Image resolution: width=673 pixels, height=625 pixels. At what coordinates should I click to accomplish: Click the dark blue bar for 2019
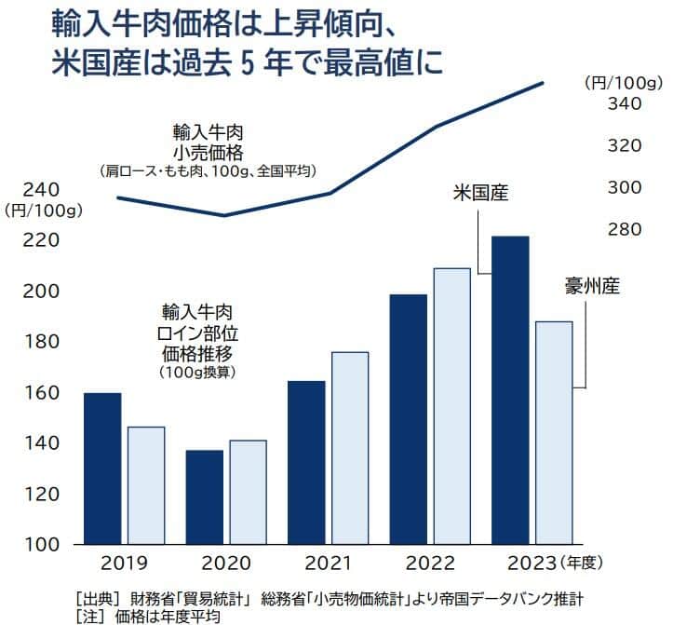(x=102, y=468)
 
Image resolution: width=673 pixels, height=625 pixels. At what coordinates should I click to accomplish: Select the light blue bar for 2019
(x=146, y=484)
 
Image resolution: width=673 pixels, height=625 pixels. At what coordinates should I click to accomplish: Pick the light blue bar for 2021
(x=350, y=447)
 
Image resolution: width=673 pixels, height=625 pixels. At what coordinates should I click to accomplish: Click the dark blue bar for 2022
(x=409, y=418)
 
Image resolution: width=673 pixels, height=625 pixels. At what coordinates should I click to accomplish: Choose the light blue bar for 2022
(x=452, y=405)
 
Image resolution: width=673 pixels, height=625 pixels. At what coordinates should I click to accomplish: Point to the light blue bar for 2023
(x=554, y=432)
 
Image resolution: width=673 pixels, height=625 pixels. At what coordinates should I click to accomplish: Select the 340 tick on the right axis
(x=623, y=103)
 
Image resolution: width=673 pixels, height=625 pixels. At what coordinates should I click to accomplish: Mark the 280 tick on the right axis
(x=623, y=229)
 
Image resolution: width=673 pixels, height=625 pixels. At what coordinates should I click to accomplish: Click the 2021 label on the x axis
(x=329, y=564)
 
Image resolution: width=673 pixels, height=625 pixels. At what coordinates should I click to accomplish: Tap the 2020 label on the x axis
(x=226, y=564)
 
